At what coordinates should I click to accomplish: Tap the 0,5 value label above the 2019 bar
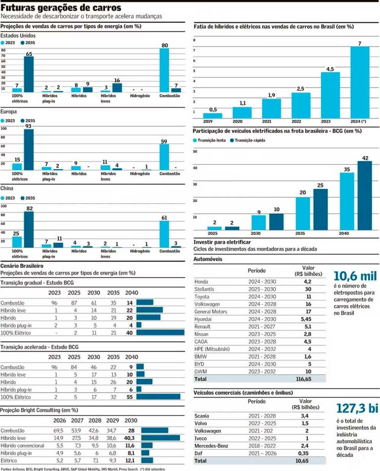point(212,110)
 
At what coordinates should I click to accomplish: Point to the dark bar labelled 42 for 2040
point(365,195)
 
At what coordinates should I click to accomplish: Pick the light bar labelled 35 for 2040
point(347,201)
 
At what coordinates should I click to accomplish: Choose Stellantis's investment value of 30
point(307,289)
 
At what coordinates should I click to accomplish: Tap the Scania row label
point(203,415)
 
